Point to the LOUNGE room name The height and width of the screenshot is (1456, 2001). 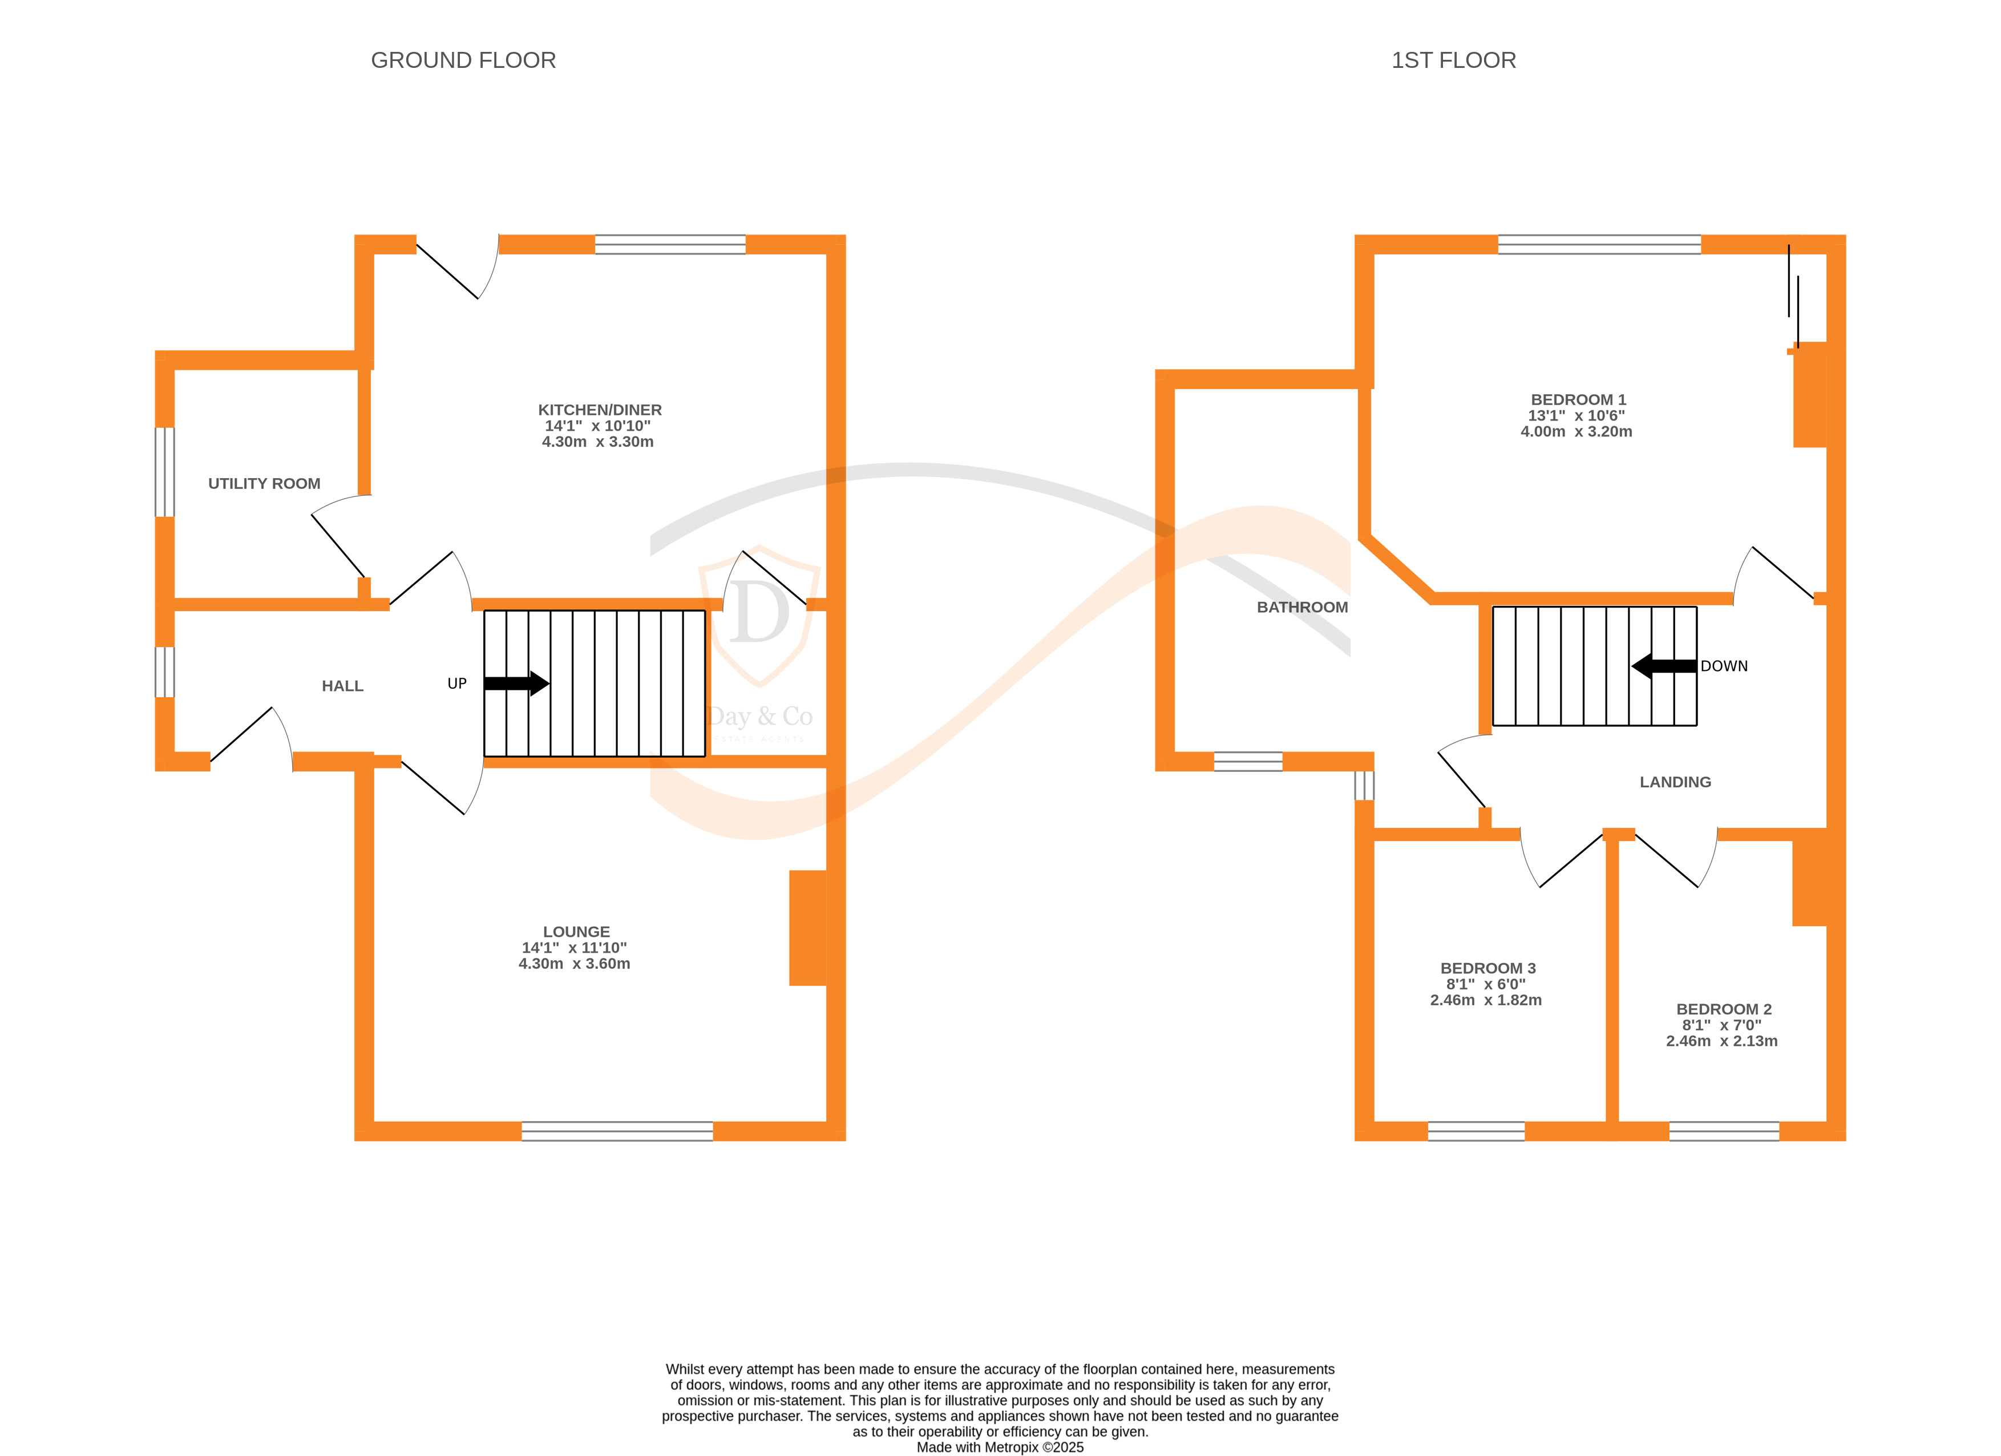576,932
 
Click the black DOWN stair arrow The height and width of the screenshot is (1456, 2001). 1664,666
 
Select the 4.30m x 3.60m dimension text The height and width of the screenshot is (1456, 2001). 575,964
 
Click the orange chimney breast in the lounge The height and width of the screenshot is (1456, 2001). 807,928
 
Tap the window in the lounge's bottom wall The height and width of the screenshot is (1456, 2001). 617,1131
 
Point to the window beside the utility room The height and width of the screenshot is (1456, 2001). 165,472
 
